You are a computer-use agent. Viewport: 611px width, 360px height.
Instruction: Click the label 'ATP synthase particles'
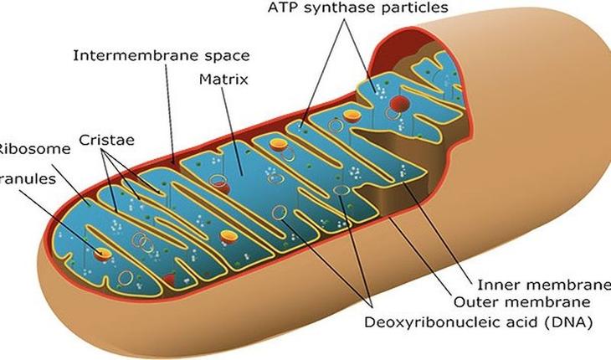pos(357,8)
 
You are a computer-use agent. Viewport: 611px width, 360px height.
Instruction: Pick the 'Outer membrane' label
pos(523,301)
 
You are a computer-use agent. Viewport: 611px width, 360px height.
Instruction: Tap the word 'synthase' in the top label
pos(360,8)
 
